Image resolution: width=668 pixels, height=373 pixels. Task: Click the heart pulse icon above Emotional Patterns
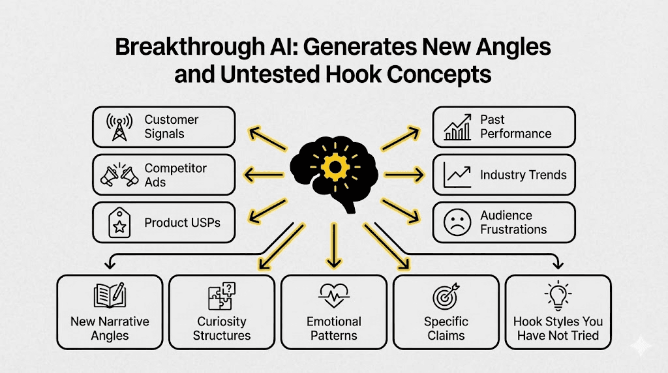[x=333, y=297]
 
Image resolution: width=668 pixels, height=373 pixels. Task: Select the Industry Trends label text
[x=523, y=175]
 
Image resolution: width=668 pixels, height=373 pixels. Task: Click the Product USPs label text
[x=183, y=222]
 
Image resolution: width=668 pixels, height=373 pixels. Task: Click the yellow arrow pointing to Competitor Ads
[x=264, y=174]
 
